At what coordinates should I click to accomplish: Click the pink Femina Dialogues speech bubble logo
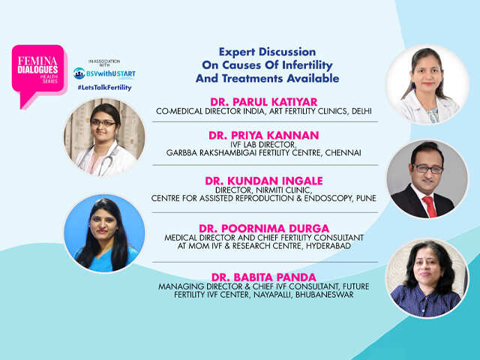(x=39, y=73)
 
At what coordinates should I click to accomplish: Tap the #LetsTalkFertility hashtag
(x=104, y=88)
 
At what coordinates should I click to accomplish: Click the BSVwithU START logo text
(x=104, y=73)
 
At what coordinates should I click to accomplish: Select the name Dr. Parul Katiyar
(x=264, y=102)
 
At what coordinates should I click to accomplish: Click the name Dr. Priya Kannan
(x=264, y=135)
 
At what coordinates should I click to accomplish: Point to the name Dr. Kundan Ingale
(x=264, y=181)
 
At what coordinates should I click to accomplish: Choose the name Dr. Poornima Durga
(x=264, y=228)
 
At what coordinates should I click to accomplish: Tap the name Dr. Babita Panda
(x=264, y=277)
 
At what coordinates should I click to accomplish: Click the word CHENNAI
(x=343, y=152)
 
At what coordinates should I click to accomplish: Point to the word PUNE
(x=366, y=198)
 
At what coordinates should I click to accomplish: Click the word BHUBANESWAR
(x=325, y=295)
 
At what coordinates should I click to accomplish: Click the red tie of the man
(x=430, y=207)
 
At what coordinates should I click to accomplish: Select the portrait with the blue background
(x=104, y=233)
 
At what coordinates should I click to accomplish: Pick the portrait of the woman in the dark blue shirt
(x=427, y=278)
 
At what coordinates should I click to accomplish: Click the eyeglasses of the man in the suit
(x=427, y=168)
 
